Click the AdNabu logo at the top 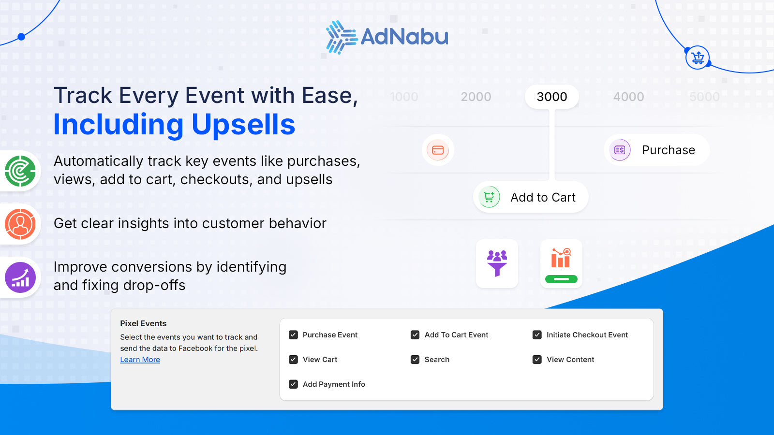[x=387, y=37]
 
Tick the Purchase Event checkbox [x=293, y=335]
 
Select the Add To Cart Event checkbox [x=415, y=335]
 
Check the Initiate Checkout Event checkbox [x=537, y=335]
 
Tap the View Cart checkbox [x=293, y=360]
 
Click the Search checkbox [x=415, y=360]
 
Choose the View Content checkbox [x=537, y=360]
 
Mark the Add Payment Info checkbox [x=293, y=384]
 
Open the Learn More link [x=140, y=360]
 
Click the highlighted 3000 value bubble [x=552, y=97]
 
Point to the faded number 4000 [x=628, y=97]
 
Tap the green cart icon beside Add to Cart [x=489, y=197]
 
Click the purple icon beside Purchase [x=620, y=150]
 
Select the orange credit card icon [x=438, y=150]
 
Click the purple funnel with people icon [x=497, y=263]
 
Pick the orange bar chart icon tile [x=561, y=263]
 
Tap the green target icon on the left [x=20, y=171]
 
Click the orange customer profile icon [x=20, y=224]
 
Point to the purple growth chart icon [x=20, y=277]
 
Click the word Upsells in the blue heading [x=243, y=125]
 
